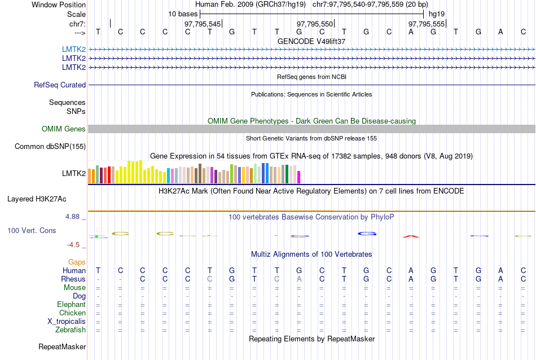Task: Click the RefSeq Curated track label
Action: (60, 85)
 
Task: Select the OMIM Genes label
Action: (64, 129)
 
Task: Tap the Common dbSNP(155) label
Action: (50, 147)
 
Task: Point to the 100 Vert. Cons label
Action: (32, 231)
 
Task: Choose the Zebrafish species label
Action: (71, 330)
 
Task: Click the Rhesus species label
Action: (73, 279)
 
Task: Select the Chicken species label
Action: (72, 313)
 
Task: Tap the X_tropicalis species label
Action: (67, 322)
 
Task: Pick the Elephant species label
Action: (71, 305)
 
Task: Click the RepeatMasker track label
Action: (62, 346)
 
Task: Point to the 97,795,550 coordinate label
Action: (314, 24)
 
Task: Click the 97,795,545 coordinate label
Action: (203, 24)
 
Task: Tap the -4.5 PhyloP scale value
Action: (74, 245)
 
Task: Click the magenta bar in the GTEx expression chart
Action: (299, 177)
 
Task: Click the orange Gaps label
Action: (77, 262)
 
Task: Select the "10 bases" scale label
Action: (182, 14)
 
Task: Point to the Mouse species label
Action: (74, 288)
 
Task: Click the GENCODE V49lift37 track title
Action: (311, 42)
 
